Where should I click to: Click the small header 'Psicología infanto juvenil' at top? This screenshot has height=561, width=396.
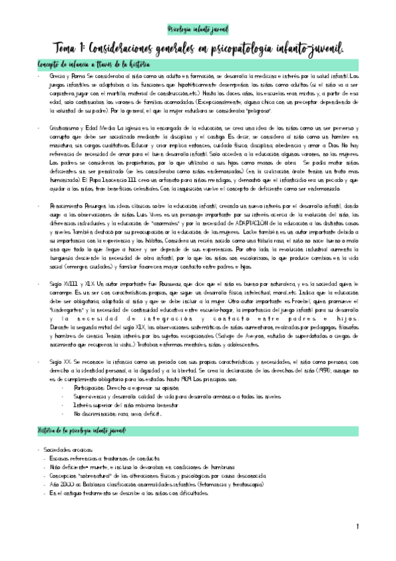point(198,30)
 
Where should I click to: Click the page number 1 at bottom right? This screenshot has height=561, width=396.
point(356,527)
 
